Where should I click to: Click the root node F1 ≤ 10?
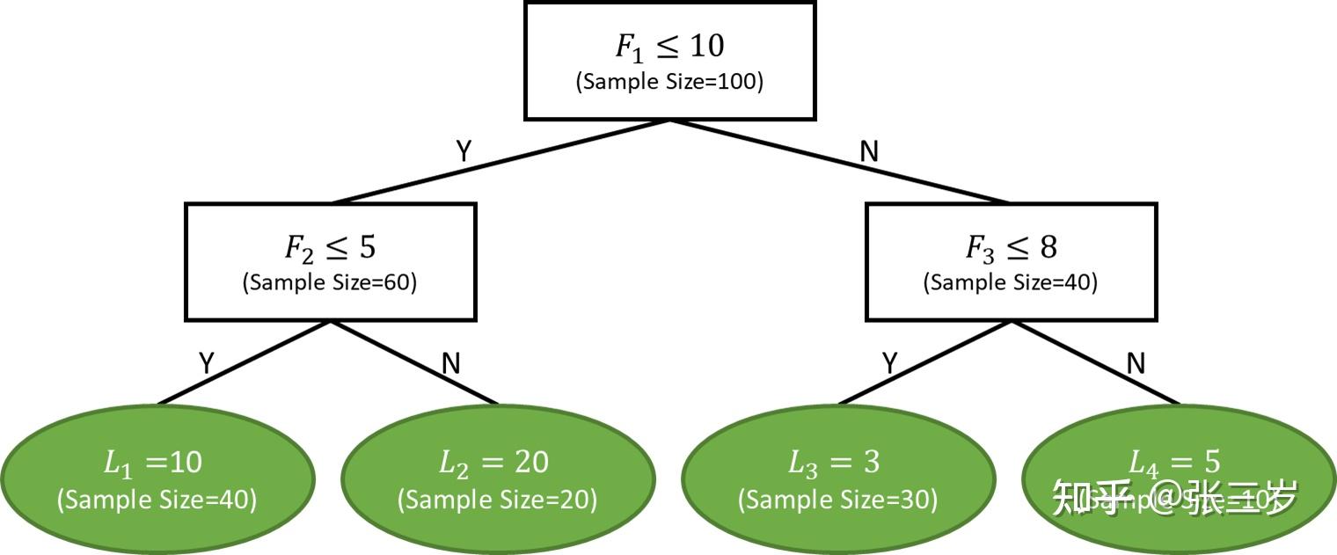[x=669, y=60]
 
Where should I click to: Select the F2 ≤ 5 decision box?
[x=330, y=261]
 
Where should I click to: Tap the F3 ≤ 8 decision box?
[x=1011, y=261]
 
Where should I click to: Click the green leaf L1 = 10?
[x=157, y=479]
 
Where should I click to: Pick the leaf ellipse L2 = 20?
[x=497, y=479]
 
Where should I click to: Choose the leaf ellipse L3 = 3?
[x=837, y=479]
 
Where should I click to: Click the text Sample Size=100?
[x=669, y=82]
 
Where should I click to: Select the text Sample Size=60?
[x=330, y=282]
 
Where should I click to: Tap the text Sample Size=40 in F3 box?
[x=1011, y=282]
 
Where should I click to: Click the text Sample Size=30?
[x=837, y=500]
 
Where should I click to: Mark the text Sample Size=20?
[x=497, y=500]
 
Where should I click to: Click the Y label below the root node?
[x=464, y=151]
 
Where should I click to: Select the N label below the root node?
[x=869, y=151]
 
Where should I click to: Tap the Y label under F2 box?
[x=207, y=363]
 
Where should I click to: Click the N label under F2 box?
[x=450, y=363]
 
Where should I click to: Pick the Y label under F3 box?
[x=889, y=363]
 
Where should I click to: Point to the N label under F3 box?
[x=1136, y=363]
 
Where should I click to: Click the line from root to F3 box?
[x=840, y=162]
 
